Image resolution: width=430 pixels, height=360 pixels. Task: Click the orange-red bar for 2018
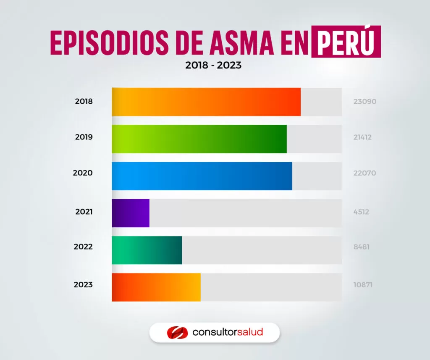point(206,102)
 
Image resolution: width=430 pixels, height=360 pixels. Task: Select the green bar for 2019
point(199,139)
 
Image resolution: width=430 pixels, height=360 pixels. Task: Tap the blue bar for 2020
point(202,176)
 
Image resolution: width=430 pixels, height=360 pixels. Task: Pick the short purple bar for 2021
point(131,213)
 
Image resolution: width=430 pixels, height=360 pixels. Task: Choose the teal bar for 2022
point(147,250)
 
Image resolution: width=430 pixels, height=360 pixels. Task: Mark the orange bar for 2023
point(156,287)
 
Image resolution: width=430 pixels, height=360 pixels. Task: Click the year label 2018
point(84,101)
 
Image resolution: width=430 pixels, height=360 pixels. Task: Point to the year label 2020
point(83,173)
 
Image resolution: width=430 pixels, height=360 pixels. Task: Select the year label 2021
point(84,212)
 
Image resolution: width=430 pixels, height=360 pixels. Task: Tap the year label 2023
point(83,284)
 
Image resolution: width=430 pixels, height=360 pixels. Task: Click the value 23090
point(364,102)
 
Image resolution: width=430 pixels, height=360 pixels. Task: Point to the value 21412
point(362,137)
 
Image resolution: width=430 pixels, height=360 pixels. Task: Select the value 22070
point(364,173)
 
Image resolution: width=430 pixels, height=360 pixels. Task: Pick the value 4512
point(361,212)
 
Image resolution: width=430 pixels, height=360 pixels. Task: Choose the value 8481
point(362,247)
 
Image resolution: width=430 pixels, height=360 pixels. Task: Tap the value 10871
point(363,285)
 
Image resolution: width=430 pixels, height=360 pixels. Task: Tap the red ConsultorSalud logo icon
point(176,332)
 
